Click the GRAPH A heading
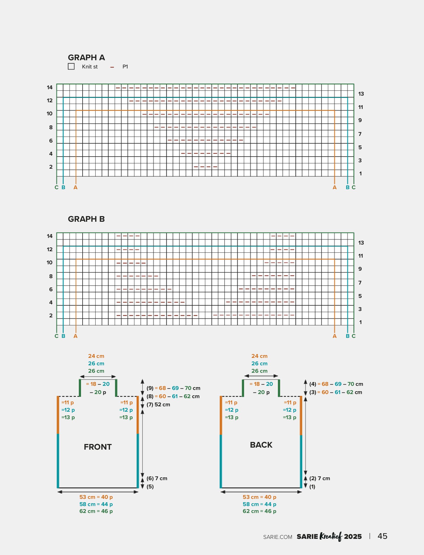[x=86, y=57]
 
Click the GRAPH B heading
[x=86, y=219]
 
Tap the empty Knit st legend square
[x=71, y=66]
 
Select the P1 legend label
[x=125, y=67]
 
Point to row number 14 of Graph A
[x=50, y=87]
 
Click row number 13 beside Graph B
[x=361, y=243]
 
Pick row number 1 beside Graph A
[x=360, y=174]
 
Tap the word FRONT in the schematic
[x=98, y=447]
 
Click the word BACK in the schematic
[x=261, y=445]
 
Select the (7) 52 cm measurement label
[x=158, y=405]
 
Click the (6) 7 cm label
[x=157, y=478]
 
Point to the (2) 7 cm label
[x=320, y=478]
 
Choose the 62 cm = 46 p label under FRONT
[x=96, y=511]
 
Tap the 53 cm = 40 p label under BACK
[x=259, y=497]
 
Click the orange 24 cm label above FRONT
[x=96, y=356]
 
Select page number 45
[x=382, y=536]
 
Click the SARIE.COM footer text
[x=278, y=537]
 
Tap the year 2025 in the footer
[x=353, y=537]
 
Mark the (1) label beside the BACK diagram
[x=312, y=487]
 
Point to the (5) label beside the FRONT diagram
[x=150, y=487]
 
